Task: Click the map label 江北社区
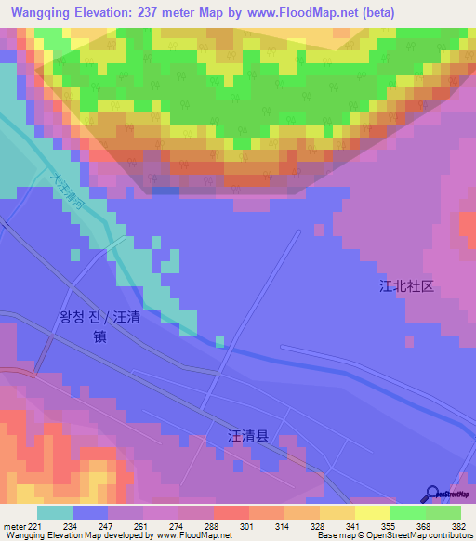click(406, 286)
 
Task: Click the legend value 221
click(35, 527)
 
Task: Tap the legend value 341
click(329, 527)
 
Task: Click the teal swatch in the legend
click(55, 512)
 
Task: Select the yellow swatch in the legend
click(372, 512)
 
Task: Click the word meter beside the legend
click(13, 527)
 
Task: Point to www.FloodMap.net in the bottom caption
click(190, 535)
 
